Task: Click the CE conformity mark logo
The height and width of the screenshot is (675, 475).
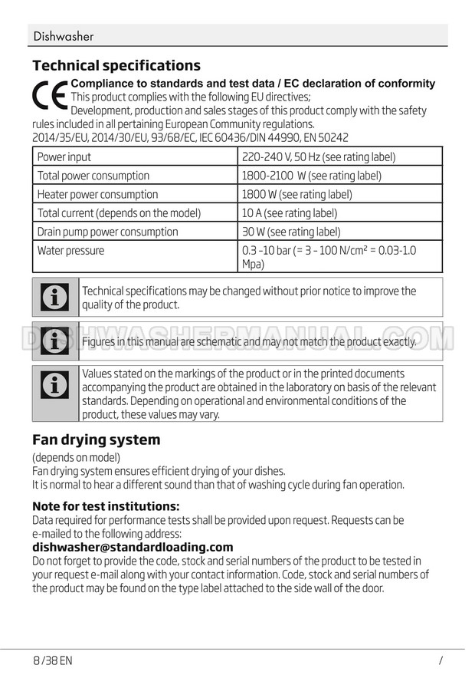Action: tap(50, 97)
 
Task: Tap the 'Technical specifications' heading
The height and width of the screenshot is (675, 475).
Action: tap(116, 65)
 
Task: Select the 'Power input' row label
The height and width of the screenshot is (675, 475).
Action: tap(64, 157)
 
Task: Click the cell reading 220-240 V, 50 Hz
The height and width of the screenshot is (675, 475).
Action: tap(318, 157)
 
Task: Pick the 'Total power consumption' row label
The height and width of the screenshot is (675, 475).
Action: tap(93, 176)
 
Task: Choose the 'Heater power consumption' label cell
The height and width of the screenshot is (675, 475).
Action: tap(97, 195)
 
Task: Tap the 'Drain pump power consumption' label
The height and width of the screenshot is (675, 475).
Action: tap(107, 232)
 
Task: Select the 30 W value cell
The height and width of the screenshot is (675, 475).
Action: tap(290, 232)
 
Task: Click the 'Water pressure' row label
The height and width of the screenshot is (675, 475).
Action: tap(70, 251)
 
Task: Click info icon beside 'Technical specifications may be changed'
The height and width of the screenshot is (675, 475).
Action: tap(55, 298)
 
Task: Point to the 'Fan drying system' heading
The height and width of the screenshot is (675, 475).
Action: tap(97, 440)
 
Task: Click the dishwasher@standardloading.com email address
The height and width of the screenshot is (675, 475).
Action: tap(133, 547)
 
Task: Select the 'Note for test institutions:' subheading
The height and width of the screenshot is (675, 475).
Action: tap(106, 506)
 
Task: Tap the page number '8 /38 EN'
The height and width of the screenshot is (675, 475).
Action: tap(53, 660)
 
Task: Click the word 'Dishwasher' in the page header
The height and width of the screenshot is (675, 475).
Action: tap(64, 36)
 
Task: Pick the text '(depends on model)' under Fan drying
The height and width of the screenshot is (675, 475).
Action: tap(77, 458)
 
